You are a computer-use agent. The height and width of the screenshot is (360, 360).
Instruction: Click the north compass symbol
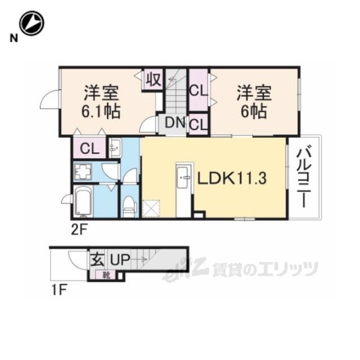tap(31, 23)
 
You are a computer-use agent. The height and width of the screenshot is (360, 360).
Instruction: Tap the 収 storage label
tap(154, 80)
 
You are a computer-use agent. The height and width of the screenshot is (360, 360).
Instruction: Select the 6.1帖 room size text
tap(101, 111)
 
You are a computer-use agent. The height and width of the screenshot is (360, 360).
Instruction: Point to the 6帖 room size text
tap(254, 111)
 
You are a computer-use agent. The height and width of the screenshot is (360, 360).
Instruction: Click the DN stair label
tap(175, 123)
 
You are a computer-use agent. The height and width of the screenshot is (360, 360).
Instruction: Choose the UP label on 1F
tap(120, 260)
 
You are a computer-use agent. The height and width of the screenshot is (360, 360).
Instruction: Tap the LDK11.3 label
tap(232, 178)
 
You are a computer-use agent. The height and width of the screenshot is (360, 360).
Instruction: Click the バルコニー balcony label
tap(304, 178)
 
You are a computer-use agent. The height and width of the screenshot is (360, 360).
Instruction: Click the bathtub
tap(84, 201)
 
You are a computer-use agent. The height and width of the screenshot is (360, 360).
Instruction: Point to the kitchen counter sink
tap(184, 177)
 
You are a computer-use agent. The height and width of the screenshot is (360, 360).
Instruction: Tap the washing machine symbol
tap(83, 172)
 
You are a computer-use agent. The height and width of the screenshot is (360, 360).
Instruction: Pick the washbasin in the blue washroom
tap(114, 148)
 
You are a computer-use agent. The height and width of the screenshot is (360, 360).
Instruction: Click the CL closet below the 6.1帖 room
tap(89, 148)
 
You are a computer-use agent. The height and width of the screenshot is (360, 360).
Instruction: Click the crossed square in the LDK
tap(151, 208)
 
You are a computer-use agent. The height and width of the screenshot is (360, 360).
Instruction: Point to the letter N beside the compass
tap(13, 38)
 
